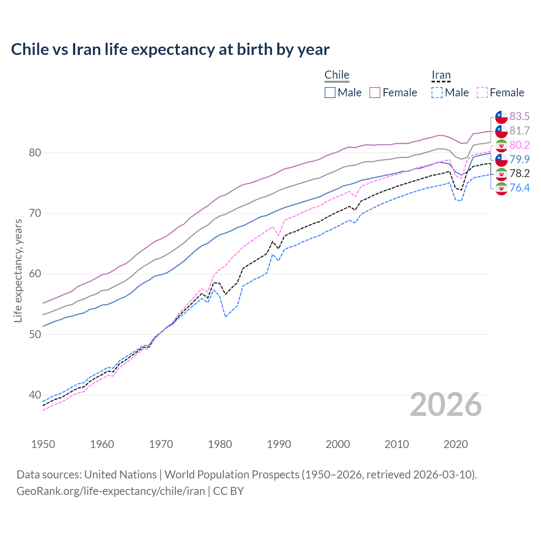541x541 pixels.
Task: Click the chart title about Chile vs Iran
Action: click(170, 49)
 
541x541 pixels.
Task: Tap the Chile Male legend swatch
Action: click(330, 93)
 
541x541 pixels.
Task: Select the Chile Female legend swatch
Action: click(375, 93)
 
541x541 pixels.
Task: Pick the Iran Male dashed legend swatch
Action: click(437, 93)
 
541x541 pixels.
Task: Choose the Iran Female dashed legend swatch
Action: click(482, 93)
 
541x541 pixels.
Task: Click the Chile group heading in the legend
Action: click(337, 75)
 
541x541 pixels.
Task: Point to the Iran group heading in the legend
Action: click(441, 75)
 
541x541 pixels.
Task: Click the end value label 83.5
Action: click(519, 116)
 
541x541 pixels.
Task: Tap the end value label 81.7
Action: click(519, 131)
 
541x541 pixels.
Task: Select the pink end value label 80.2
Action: click(519, 145)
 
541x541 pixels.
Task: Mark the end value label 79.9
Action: click(519, 159)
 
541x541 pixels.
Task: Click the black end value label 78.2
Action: click(519, 173)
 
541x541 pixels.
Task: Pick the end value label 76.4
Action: click(519, 188)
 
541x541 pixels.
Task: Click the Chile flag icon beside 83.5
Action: click(501, 117)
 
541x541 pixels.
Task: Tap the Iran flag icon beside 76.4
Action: click(501, 188)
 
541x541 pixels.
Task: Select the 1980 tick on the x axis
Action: click(220, 444)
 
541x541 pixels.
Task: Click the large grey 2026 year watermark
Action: click(446, 405)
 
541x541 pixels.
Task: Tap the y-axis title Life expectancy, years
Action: click(18, 270)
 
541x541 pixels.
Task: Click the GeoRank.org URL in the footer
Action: click(111, 491)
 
